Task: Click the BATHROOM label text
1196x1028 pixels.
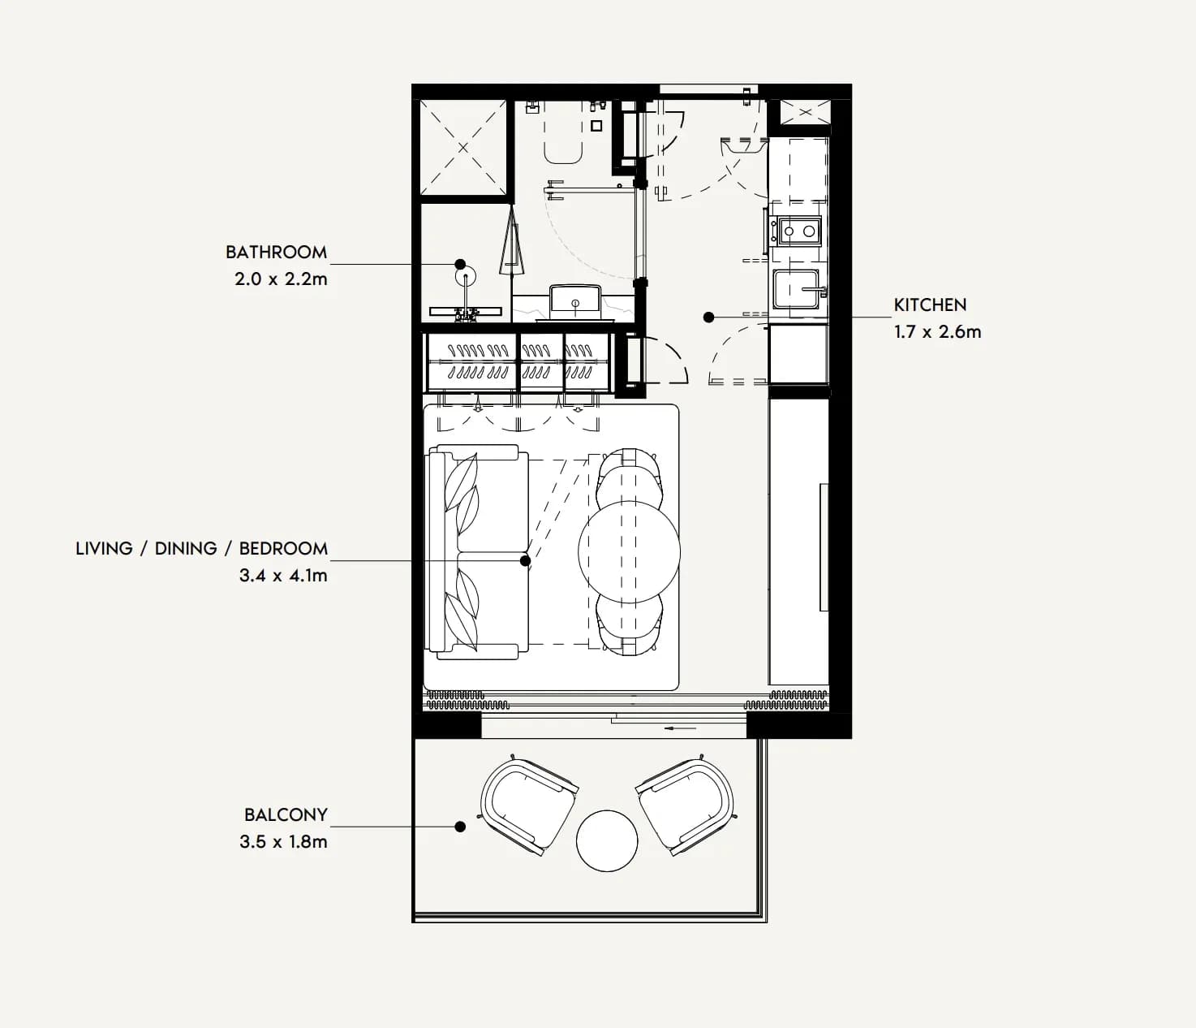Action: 276,252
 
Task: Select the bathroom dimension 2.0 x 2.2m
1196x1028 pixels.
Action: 282,279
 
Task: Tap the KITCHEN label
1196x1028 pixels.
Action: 930,305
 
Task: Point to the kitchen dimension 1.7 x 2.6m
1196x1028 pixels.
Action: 937,332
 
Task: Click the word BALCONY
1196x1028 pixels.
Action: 286,815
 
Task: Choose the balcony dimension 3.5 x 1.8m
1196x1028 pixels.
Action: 283,841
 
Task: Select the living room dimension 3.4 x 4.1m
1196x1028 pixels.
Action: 283,575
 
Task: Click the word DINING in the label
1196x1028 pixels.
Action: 186,548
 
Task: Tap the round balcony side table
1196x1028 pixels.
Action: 607,840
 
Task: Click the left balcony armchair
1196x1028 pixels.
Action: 528,804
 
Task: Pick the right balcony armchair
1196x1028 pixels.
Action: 686,804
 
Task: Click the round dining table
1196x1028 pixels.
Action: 629,552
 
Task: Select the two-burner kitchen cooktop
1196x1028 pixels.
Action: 799,231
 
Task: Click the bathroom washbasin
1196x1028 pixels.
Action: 575,300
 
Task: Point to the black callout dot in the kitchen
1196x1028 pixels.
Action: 709,317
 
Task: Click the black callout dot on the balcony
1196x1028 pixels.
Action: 460,827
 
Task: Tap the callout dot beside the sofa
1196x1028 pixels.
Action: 525,560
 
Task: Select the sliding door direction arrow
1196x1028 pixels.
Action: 680,728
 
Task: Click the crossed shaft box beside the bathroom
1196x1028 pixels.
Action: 462,148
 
